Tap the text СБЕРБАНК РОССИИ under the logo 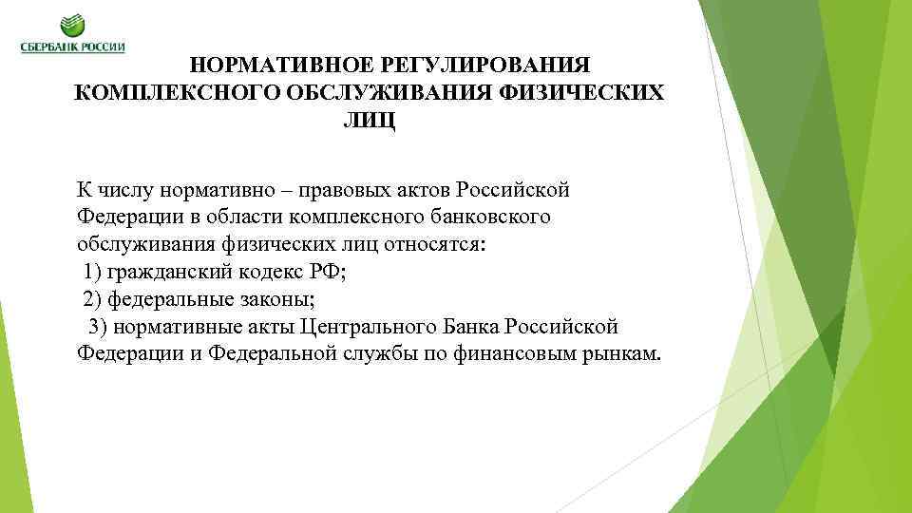[x=73, y=48]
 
